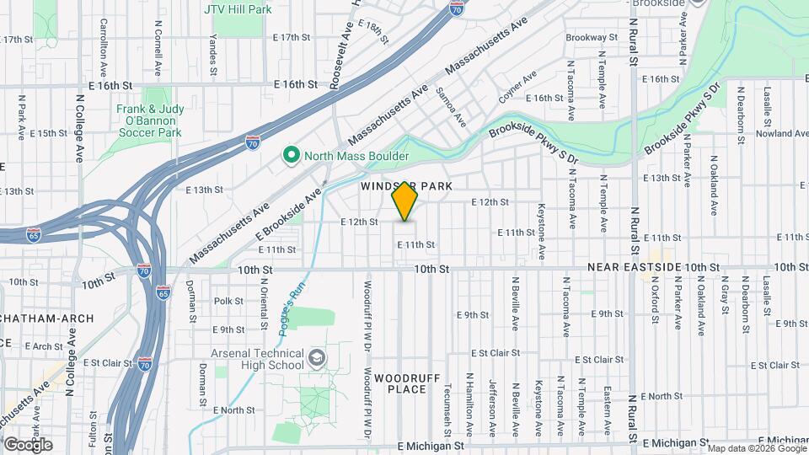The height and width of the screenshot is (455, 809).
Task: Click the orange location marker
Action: point(405,202)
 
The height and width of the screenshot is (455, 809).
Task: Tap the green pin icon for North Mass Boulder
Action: point(291,156)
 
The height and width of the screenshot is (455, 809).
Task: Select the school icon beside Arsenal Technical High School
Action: point(316,359)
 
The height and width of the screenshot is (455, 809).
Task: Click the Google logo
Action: point(27,445)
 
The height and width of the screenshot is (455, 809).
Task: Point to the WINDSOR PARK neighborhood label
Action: point(407,185)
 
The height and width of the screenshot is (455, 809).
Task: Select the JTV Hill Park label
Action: point(238,9)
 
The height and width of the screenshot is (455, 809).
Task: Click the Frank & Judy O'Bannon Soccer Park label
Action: point(149,120)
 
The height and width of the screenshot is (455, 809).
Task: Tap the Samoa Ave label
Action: point(450,107)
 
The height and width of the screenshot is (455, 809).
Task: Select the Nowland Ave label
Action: point(782,133)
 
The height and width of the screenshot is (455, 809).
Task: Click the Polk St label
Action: point(228,301)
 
